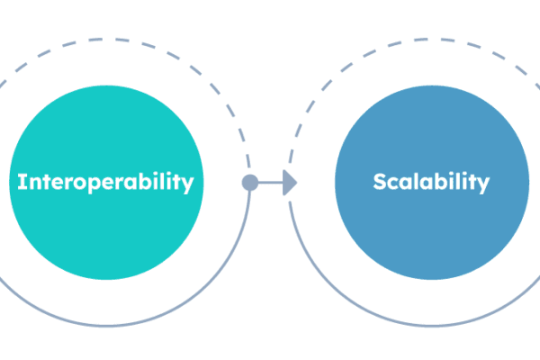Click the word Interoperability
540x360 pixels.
click(105, 183)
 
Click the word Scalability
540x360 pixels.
click(431, 183)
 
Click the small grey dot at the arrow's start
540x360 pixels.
click(249, 183)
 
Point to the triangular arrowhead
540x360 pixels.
click(290, 183)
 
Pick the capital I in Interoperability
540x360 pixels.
click(22, 183)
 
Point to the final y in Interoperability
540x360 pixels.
click(187, 185)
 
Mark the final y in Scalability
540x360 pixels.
click(484, 185)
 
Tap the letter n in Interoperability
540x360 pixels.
click(32, 184)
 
